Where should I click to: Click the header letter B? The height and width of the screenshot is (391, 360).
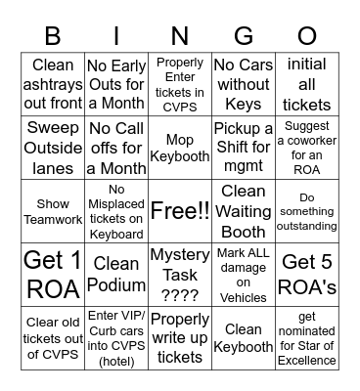pos(53,36)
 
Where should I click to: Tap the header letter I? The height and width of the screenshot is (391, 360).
pos(116,36)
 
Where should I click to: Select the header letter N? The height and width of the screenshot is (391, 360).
pos(180,36)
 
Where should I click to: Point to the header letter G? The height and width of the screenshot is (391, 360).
pos(244,36)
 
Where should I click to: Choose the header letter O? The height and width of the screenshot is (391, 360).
pos(307,36)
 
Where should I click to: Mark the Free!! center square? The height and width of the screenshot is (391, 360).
pos(180,211)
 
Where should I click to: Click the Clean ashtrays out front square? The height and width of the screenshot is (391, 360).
pos(53,84)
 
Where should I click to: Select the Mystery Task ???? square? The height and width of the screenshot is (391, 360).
pos(180,274)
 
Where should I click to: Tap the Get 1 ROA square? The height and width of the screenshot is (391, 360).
pos(53,274)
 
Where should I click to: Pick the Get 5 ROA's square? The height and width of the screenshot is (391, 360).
pos(307,274)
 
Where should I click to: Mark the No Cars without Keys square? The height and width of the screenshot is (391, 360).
pos(244,84)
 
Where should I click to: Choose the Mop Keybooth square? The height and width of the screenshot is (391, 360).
pos(180,148)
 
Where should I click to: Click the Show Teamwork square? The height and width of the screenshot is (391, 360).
pos(53,211)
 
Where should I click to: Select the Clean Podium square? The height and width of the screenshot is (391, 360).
pos(116,274)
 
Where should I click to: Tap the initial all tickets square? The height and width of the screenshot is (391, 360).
pos(307,84)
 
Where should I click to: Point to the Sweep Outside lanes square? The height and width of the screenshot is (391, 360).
pos(53,148)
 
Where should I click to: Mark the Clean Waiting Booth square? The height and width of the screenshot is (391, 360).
pos(244,211)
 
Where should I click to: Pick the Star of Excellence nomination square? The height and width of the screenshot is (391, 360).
pos(307,337)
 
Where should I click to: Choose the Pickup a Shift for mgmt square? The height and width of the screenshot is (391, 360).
pos(244,148)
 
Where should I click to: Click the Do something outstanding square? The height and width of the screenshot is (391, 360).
pos(307,211)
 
